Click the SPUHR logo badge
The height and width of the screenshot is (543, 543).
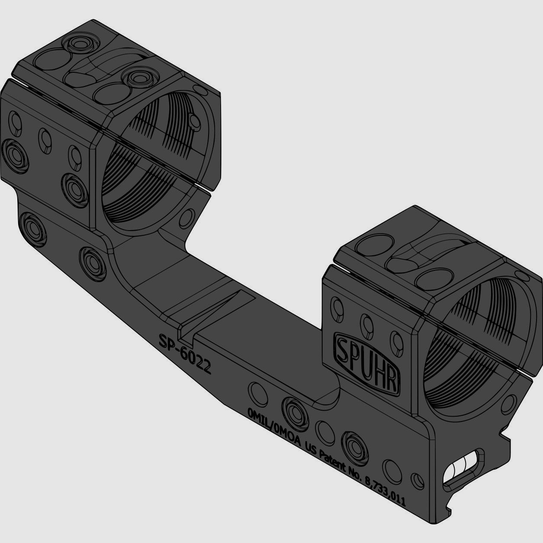click(366, 363)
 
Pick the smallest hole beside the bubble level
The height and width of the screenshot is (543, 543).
click(417, 479)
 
